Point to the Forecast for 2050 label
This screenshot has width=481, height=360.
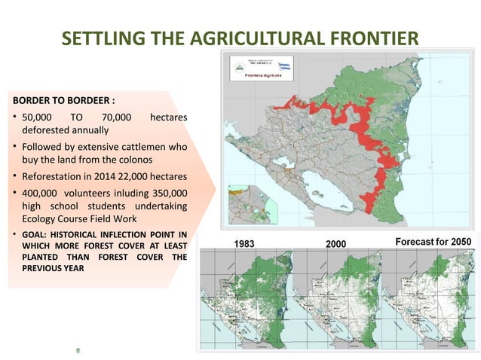coord(434,242)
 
